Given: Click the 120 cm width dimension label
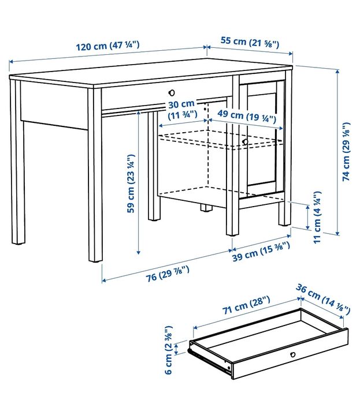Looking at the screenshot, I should (107, 46).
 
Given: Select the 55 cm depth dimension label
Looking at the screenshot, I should (250, 42).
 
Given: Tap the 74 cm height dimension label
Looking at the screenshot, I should (346, 151).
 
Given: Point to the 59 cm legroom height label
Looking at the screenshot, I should (131, 182).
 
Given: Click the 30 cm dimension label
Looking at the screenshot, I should (182, 110).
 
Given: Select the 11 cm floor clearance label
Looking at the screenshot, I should (317, 217).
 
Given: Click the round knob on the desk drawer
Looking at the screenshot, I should (171, 92).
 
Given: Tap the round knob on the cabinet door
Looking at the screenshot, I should (245, 141).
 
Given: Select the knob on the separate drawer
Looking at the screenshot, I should (292, 354).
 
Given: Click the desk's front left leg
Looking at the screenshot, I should (95, 173).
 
